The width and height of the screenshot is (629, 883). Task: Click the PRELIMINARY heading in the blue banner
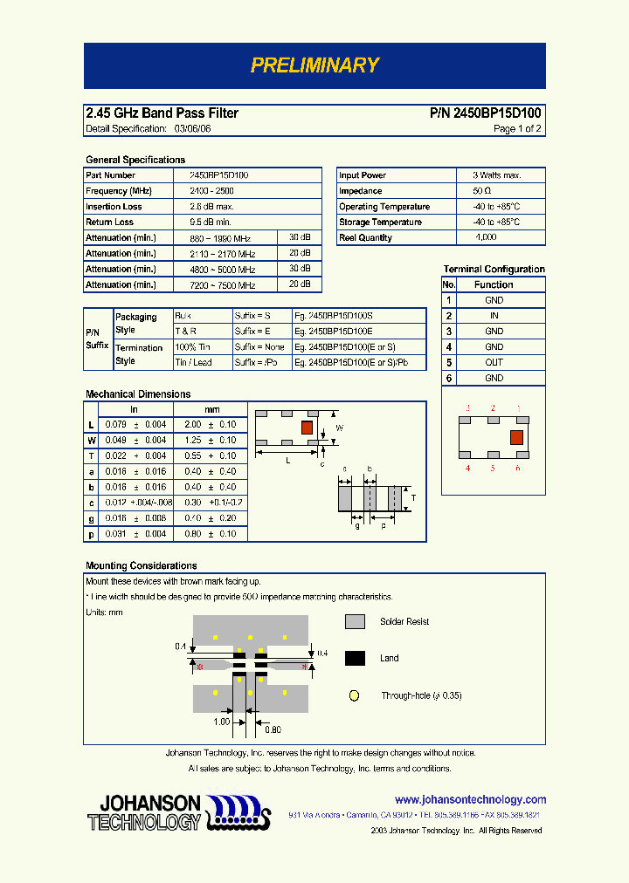pyautogui.click(x=314, y=65)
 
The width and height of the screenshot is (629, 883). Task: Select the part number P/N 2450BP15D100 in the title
pyautogui.click(x=486, y=113)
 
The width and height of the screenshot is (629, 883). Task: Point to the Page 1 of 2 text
pyautogui.click(x=517, y=129)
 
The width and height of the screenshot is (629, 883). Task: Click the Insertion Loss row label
pyautogui.click(x=114, y=207)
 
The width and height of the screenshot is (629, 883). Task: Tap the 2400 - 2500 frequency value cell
pyautogui.click(x=211, y=191)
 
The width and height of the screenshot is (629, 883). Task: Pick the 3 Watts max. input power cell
pyautogui.click(x=497, y=175)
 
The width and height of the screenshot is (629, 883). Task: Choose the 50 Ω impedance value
pyautogui.click(x=482, y=191)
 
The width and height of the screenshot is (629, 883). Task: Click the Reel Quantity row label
pyautogui.click(x=365, y=238)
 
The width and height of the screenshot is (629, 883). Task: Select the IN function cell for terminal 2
pyautogui.click(x=494, y=316)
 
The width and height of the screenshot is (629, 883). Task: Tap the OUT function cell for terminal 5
pyautogui.click(x=494, y=363)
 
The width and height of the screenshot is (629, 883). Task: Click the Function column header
pyautogui.click(x=494, y=284)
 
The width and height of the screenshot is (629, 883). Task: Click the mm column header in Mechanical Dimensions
pyautogui.click(x=212, y=409)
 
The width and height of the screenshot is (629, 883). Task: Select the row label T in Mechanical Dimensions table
pyautogui.click(x=91, y=456)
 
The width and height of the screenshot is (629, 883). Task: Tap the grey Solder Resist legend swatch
pyautogui.click(x=355, y=622)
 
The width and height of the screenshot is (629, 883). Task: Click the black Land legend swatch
pyautogui.click(x=355, y=659)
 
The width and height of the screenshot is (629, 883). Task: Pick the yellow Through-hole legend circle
pyautogui.click(x=354, y=696)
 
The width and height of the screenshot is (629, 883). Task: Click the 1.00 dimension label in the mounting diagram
pyautogui.click(x=222, y=722)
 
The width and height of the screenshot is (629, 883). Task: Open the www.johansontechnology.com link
pyautogui.click(x=470, y=799)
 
